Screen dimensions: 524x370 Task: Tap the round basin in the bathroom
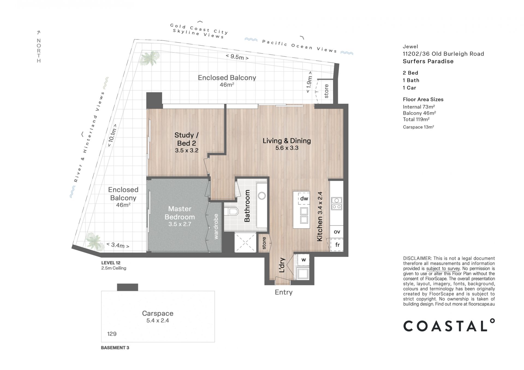point(262,196)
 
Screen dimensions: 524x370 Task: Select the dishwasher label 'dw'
point(304,198)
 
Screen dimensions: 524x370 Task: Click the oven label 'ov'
point(337,232)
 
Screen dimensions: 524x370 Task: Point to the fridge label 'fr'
point(338,245)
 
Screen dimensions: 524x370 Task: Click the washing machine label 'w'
point(304,260)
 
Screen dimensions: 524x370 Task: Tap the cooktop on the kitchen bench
point(337,203)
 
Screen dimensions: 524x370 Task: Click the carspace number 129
point(112,334)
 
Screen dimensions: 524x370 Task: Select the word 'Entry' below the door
point(284,292)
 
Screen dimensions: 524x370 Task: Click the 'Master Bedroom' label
point(180,213)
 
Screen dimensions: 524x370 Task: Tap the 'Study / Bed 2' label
point(187,139)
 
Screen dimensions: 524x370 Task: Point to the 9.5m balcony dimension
point(237,57)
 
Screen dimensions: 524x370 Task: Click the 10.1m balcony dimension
point(112,136)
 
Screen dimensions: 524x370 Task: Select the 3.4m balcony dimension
point(118,245)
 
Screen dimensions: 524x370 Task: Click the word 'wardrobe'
point(216,227)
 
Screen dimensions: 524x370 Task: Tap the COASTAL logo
point(449,325)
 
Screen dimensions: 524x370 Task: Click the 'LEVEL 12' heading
point(111,263)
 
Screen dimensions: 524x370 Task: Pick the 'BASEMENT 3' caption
point(115,348)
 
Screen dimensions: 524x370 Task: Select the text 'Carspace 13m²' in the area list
point(418,127)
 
